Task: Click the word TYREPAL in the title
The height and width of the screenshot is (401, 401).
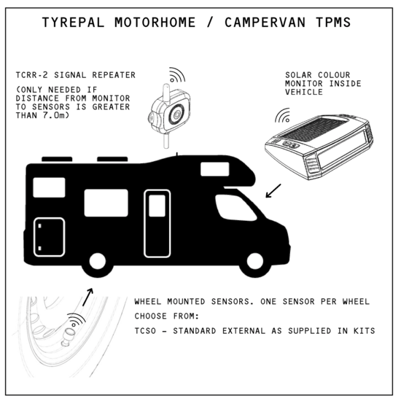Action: click(x=73, y=23)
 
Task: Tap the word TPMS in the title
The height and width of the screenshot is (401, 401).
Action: click(x=333, y=23)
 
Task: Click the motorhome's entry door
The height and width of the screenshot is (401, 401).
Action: click(x=157, y=223)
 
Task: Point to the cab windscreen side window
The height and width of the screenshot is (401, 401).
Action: click(x=235, y=207)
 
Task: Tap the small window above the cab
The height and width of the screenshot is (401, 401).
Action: click(x=215, y=169)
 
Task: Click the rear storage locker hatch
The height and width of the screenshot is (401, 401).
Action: click(x=49, y=237)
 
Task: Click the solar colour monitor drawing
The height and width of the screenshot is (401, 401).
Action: click(x=319, y=146)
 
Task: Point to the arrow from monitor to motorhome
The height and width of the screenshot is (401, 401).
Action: click(x=273, y=191)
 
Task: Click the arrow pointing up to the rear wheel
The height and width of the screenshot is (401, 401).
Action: click(x=87, y=297)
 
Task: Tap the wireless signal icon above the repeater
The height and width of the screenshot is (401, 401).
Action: click(x=177, y=75)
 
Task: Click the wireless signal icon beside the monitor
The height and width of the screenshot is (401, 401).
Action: click(x=283, y=115)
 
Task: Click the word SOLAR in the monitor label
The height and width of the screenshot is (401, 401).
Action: click(x=298, y=75)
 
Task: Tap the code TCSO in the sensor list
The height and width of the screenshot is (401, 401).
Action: click(x=145, y=331)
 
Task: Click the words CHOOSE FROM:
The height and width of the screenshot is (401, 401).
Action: click(x=167, y=316)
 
